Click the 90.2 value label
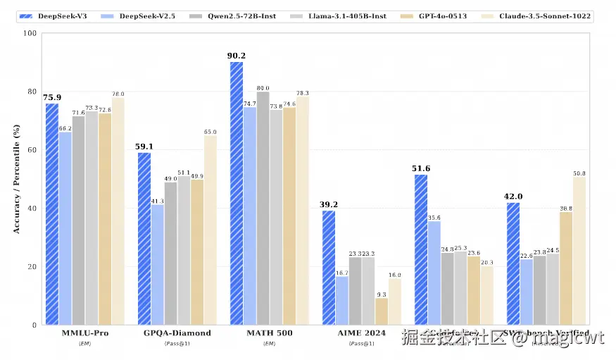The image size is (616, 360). point(237,56)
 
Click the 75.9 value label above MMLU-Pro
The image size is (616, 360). point(51,97)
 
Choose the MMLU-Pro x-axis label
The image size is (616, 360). point(84,333)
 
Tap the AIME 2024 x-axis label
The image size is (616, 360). point(362,333)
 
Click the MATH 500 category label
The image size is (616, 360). point(270,333)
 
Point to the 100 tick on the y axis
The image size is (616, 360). point(30,33)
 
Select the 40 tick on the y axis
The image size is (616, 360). point(32,209)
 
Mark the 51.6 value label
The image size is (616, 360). point(421,168)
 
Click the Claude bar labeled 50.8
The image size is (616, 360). point(579,251)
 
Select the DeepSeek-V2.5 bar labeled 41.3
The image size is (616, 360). point(157,265)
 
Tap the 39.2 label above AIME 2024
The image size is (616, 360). point(329,204)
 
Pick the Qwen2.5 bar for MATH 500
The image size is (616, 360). point(263,209)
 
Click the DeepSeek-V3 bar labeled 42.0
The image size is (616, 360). point(513,264)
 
